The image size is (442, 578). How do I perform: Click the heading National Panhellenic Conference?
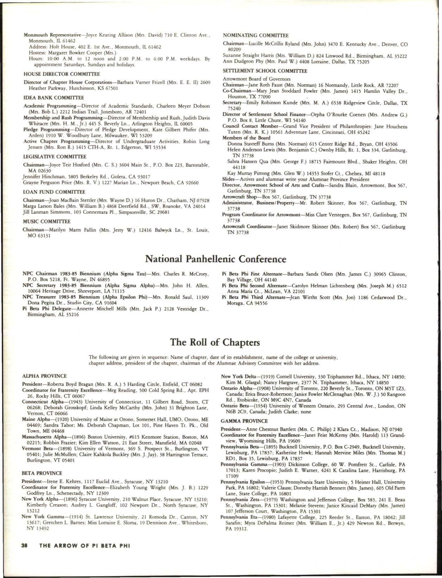[216, 259]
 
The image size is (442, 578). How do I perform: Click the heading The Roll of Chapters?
[216, 342]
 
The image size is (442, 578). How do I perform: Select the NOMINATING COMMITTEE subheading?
[256, 36]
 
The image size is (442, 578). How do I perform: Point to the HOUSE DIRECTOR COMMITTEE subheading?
[62, 74]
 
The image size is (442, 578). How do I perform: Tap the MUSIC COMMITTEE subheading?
[46, 221]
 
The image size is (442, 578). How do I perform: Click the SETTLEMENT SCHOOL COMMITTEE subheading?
[265, 71]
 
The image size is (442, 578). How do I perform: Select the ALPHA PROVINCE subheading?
[44, 376]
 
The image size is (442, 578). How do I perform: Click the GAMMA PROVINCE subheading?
[244, 421]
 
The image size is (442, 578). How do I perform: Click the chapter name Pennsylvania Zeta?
[235, 500]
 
